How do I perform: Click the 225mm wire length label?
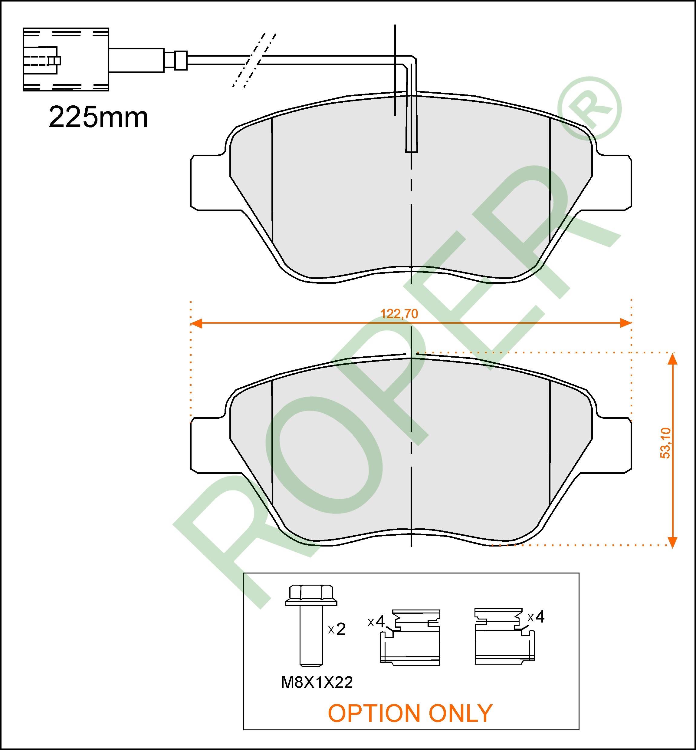[98, 117]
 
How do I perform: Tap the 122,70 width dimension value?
[399, 314]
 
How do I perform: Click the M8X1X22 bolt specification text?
[317, 682]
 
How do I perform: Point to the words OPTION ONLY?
[410, 713]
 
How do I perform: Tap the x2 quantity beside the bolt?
[337, 629]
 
